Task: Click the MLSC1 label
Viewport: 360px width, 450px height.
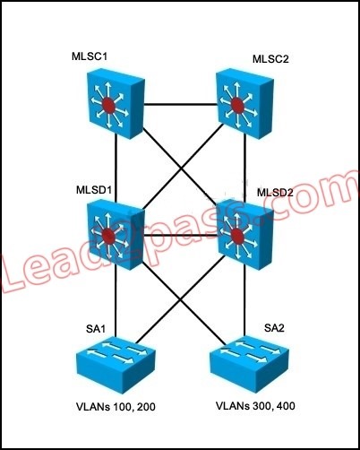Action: [90, 56]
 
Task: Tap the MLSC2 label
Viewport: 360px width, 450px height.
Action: [270, 59]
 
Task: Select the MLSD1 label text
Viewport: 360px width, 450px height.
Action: [94, 190]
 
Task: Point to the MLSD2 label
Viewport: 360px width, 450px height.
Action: [275, 193]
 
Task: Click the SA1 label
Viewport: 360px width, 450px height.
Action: [96, 329]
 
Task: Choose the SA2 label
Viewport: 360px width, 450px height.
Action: [274, 328]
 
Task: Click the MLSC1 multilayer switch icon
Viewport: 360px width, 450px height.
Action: [116, 103]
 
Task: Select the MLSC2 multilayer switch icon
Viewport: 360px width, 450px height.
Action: [244, 104]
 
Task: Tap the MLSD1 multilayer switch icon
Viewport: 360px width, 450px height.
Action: [116, 235]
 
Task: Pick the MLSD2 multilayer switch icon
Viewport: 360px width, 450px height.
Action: [244, 235]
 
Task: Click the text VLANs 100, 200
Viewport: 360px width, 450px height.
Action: [116, 407]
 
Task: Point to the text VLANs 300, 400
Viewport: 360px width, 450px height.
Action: [255, 406]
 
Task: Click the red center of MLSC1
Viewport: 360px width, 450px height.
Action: [108, 105]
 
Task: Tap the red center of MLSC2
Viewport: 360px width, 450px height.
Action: [237, 105]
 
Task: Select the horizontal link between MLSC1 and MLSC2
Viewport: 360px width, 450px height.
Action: [180, 105]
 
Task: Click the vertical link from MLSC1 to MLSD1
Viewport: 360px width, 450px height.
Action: [116, 169]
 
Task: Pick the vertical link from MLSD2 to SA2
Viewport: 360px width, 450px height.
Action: [244, 301]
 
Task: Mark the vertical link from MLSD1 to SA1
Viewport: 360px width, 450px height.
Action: [116, 301]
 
